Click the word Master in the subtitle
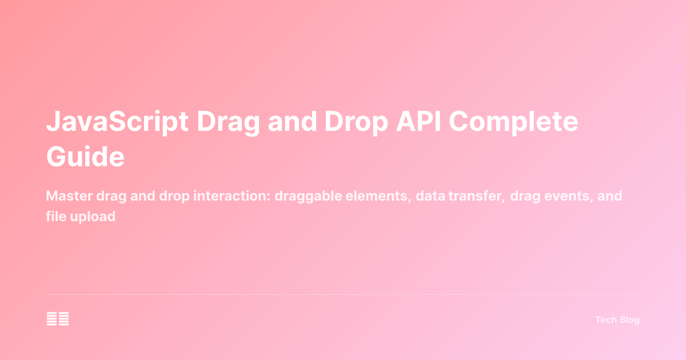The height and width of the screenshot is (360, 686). point(66,197)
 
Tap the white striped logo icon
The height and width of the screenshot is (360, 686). point(58,319)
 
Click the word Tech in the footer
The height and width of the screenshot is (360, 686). point(605,320)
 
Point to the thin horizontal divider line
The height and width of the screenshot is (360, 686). point(343,295)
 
